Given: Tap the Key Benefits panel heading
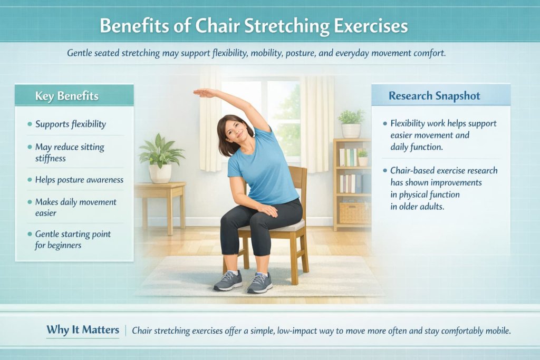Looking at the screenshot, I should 66,96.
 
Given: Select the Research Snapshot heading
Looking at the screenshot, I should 433,95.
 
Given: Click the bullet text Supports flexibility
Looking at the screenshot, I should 71,124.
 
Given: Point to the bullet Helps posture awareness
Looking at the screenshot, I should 79,180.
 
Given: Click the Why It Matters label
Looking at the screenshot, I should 83,330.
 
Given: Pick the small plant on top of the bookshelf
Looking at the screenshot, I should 351,123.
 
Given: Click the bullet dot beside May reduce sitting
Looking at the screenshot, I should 30,147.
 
